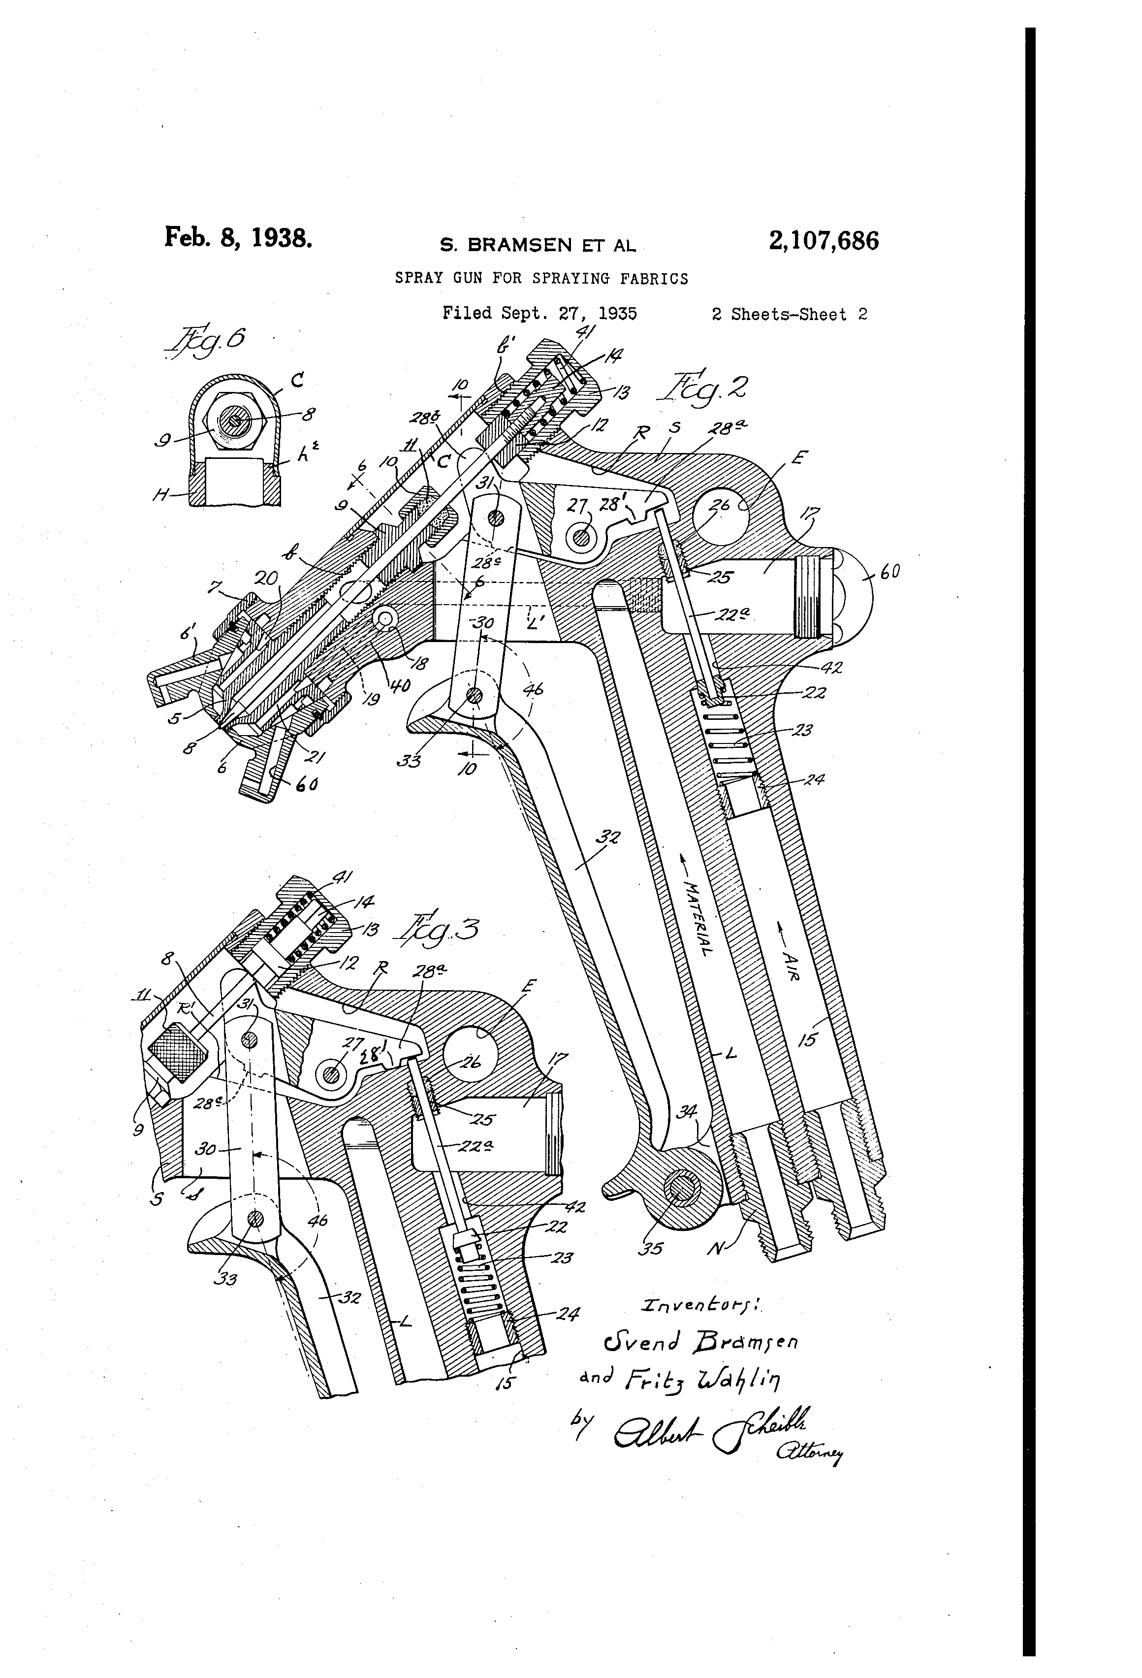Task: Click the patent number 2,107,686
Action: (x=824, y=240)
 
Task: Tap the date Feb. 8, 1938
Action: (x=238, y=237)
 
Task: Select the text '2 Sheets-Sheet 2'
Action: (x=789, y=314)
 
